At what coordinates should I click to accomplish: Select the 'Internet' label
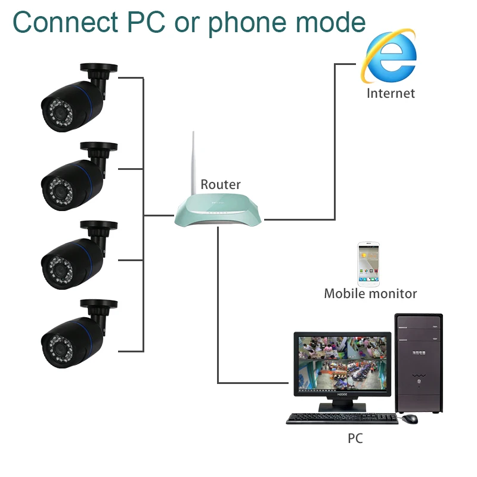(x=391, y=93)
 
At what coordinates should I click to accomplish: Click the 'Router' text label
(x=220, y=184)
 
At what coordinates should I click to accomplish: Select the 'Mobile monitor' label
(x=370, y=293)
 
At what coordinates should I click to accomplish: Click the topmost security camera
(x=75, y=99)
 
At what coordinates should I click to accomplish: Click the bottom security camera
(x=75, y=334)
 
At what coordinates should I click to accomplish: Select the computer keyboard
(x=341, y=419)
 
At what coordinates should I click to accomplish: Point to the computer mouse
(x=409, y=419)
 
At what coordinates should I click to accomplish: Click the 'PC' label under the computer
(x=355, y=439)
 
